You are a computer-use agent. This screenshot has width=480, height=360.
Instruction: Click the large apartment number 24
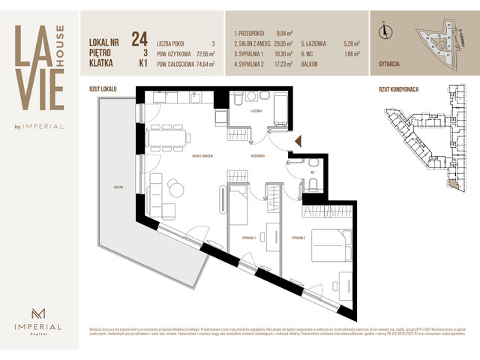138,38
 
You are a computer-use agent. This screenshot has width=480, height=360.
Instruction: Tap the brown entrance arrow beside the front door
298,141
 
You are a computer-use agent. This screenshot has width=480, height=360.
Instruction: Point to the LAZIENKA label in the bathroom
256,111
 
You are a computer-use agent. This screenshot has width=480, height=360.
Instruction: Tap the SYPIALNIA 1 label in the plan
250,237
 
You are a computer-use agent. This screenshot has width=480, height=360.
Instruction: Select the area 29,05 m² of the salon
287,43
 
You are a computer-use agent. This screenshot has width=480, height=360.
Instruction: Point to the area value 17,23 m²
287,64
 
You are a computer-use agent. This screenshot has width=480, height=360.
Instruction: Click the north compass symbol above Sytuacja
385,31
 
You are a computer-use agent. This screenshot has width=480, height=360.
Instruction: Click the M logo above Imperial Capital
39,313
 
